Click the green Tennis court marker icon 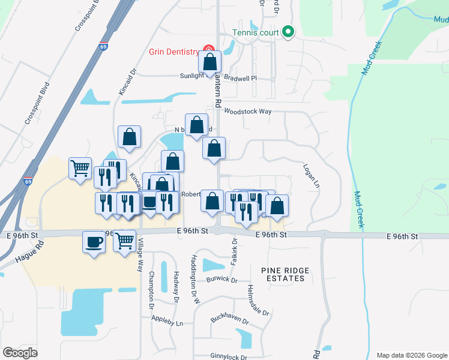(288, 32)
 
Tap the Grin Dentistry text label (175, 50)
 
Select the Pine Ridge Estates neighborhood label (286, 274)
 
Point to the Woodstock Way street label (248, 112)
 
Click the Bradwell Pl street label (240, 78)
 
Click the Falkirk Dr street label (234, 253)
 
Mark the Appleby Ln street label (167, 323)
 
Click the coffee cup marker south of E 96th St (94, 242)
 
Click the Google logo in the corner (20, 353)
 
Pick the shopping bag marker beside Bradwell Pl (210, 62)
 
